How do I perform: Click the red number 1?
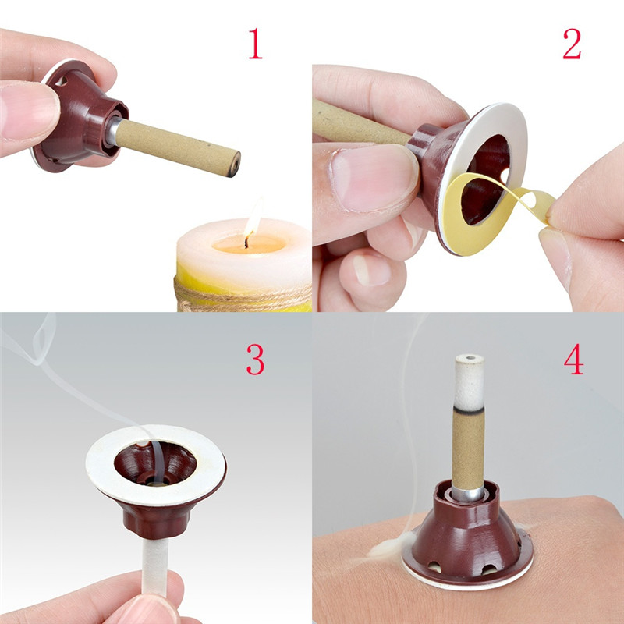(256, 44)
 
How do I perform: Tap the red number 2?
(573, 44)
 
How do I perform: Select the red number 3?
(256, 360)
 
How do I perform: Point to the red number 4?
(574, 360)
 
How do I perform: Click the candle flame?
(253, 218)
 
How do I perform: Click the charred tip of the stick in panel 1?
(234, 164)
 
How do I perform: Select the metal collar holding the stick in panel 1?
(112, 131)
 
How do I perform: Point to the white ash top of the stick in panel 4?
(470, 381)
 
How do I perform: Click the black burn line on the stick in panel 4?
(470, 409)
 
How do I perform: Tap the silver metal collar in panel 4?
(467, 494)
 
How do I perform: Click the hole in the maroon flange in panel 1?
(62, 81)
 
